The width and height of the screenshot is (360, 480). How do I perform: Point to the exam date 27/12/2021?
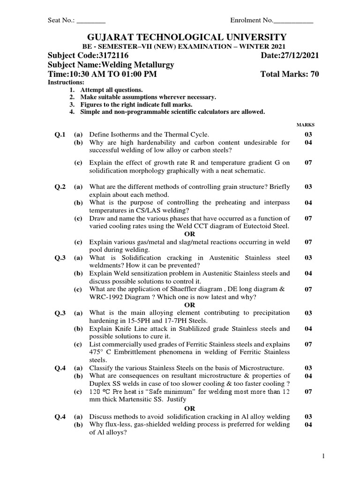[x=296, y=56]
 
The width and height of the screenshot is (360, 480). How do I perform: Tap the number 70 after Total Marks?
[x=314, y=75]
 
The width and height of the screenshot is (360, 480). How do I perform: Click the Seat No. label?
[x=61, y=21]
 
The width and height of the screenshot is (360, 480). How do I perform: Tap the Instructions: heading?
[x=63, y=82]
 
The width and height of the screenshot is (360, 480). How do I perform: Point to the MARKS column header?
[x=306, y=125]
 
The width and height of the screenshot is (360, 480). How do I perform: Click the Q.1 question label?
[x=60, y=135]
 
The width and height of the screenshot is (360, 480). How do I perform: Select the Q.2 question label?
[x=60, y=187]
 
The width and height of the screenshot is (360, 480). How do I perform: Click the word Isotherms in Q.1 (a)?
[x=123, y=135]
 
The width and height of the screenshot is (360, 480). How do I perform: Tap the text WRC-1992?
[x=105, y=297]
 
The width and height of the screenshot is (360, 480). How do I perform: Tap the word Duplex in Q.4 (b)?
[x=100, y=383]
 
